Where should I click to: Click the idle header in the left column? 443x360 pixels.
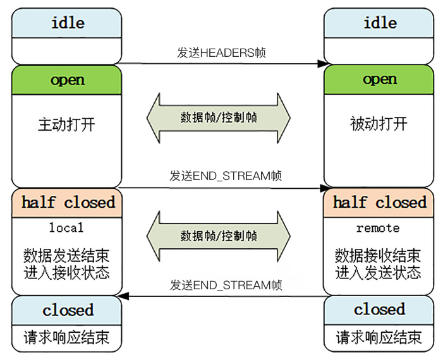66,23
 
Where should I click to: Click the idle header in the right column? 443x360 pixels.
379,23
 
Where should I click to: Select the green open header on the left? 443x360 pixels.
66,80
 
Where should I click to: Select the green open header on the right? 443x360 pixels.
379,80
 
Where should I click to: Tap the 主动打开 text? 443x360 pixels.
66,123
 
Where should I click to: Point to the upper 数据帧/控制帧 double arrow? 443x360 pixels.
218,117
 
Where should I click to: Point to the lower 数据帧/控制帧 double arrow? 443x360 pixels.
218,236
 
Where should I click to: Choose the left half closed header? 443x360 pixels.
68,203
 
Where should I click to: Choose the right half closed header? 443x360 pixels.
379,203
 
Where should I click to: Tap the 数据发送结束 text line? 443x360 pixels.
66,256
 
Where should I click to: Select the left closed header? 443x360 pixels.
68,310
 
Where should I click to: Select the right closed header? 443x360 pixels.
379,309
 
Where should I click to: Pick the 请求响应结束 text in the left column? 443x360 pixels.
66,336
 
